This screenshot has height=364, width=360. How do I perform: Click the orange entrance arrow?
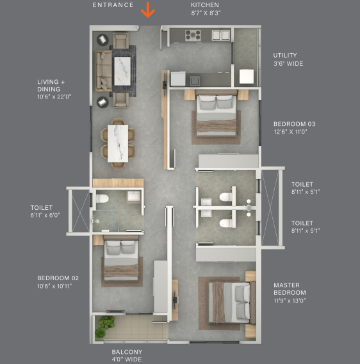click(147, 10)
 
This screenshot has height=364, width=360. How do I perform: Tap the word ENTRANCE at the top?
click(113, 5)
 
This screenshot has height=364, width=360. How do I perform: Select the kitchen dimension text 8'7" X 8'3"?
click(206, 13)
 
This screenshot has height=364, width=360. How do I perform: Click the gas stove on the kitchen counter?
click(193, 36)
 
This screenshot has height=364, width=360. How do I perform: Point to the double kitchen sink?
click(221, 35)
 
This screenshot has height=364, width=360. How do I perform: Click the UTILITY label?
click(285, 55)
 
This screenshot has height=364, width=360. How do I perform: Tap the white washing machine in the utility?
click(247, 76)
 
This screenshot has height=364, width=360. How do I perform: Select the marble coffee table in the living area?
click(122, 71)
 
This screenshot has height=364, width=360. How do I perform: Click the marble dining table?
click(118, 143)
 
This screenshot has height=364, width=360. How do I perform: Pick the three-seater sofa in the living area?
click(104, 71)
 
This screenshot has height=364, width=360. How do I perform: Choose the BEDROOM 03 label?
click(295, 124)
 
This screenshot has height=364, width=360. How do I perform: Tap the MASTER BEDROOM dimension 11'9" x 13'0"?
click(290, 301)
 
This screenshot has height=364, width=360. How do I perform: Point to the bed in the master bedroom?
click(232, 302)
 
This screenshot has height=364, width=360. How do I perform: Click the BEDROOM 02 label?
click(58, 278)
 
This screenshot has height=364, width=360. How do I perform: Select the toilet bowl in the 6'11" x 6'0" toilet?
click(102, 199)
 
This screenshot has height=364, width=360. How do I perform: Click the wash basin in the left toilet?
click(133, 196)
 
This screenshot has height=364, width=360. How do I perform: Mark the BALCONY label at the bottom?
click(127, 352)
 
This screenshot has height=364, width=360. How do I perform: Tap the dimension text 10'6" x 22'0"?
click(54, 97)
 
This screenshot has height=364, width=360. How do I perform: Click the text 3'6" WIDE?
click(288, 64)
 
